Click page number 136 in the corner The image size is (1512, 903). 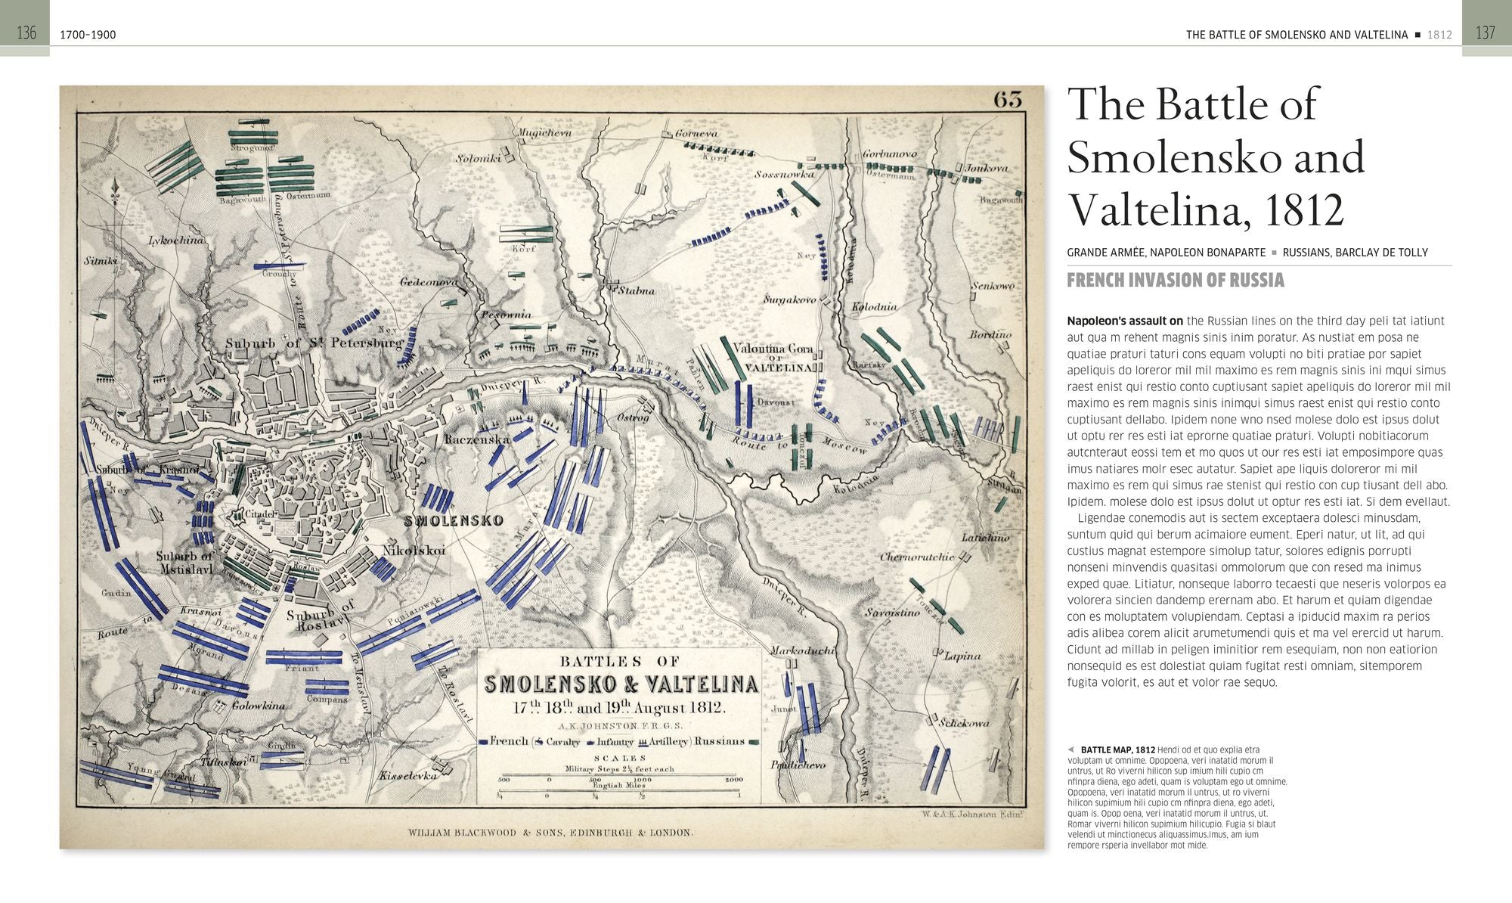pyautogui.click(x=26, y=33)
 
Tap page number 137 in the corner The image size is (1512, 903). pyautogui.click(x=1485, y=33)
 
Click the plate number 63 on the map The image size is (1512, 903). pyautogui.click(x=1008, y=100)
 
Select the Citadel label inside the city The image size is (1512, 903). pyautogui.click(x=260, y=514)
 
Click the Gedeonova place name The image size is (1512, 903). pyautogui.click(x=429, y=281)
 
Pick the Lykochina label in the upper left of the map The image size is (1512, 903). pyautogui.click(x=175, y=240)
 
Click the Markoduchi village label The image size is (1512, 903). pyautogui.click(x=802, y=650)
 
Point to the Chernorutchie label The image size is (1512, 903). pyautogui.click(x=917, y=557)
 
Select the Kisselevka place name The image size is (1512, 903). pyautogui.click(x=408, y=776)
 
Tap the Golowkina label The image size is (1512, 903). pyautogui.click(x=258, y=706)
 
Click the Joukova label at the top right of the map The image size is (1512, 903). pyautogui.click(x=986, y=168)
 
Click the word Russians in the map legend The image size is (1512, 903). pyautogui.click(x=720, y=741)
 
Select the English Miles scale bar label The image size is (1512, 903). pyautogui.click(x=619, y=786)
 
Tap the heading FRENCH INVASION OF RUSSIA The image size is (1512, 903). pyautogui.click(x=1175, y=281)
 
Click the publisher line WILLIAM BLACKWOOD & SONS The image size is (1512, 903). pyautogui.click(x=550, y=833)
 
